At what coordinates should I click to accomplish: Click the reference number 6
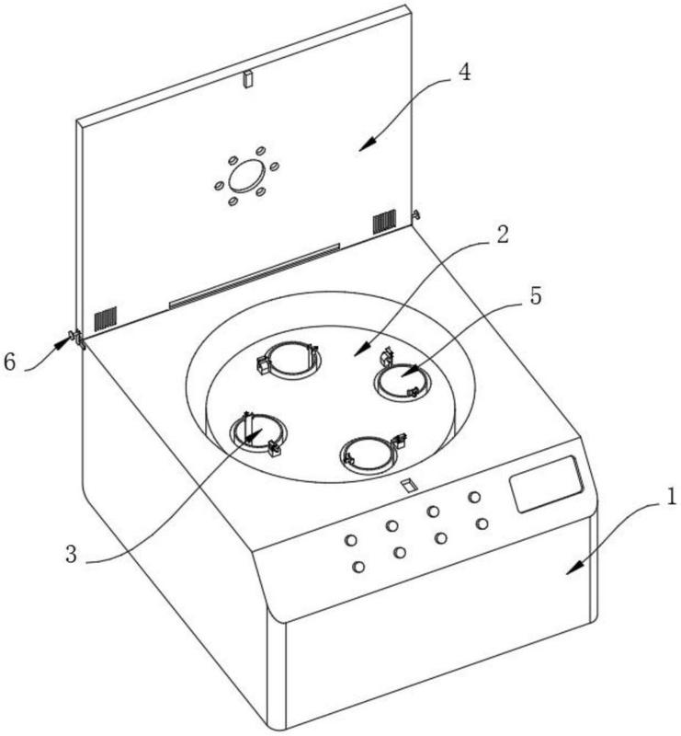tap(10, 362)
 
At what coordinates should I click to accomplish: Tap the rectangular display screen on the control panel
tap(548, 485)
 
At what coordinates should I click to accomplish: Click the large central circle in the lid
tap(245, 175)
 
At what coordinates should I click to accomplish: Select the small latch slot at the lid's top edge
tap(246, 80)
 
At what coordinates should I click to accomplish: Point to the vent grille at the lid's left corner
tap(108, 317)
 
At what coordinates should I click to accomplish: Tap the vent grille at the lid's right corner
tap(383, 221)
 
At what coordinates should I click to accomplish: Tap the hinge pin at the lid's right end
tap(416, 214)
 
